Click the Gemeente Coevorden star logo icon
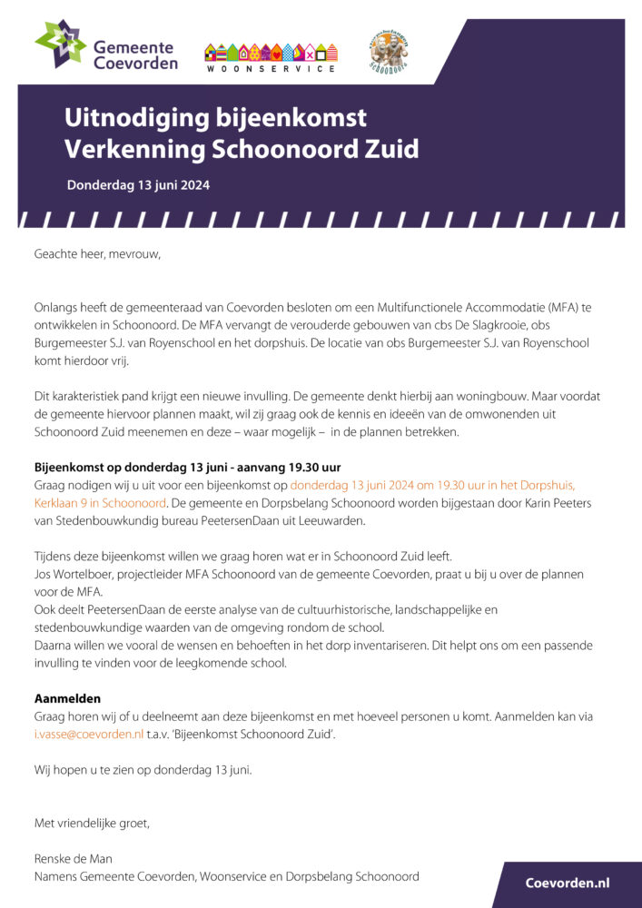coord(61,44)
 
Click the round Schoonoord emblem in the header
coord(389,52)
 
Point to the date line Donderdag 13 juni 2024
coord(138,185)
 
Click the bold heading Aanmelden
coord(67,699)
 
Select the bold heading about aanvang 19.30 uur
coord(188,468)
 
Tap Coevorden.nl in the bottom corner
coord(568,883)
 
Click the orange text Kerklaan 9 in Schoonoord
coord(100,502)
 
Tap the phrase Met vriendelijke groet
coord(92,824)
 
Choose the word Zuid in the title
coord(390,149)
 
